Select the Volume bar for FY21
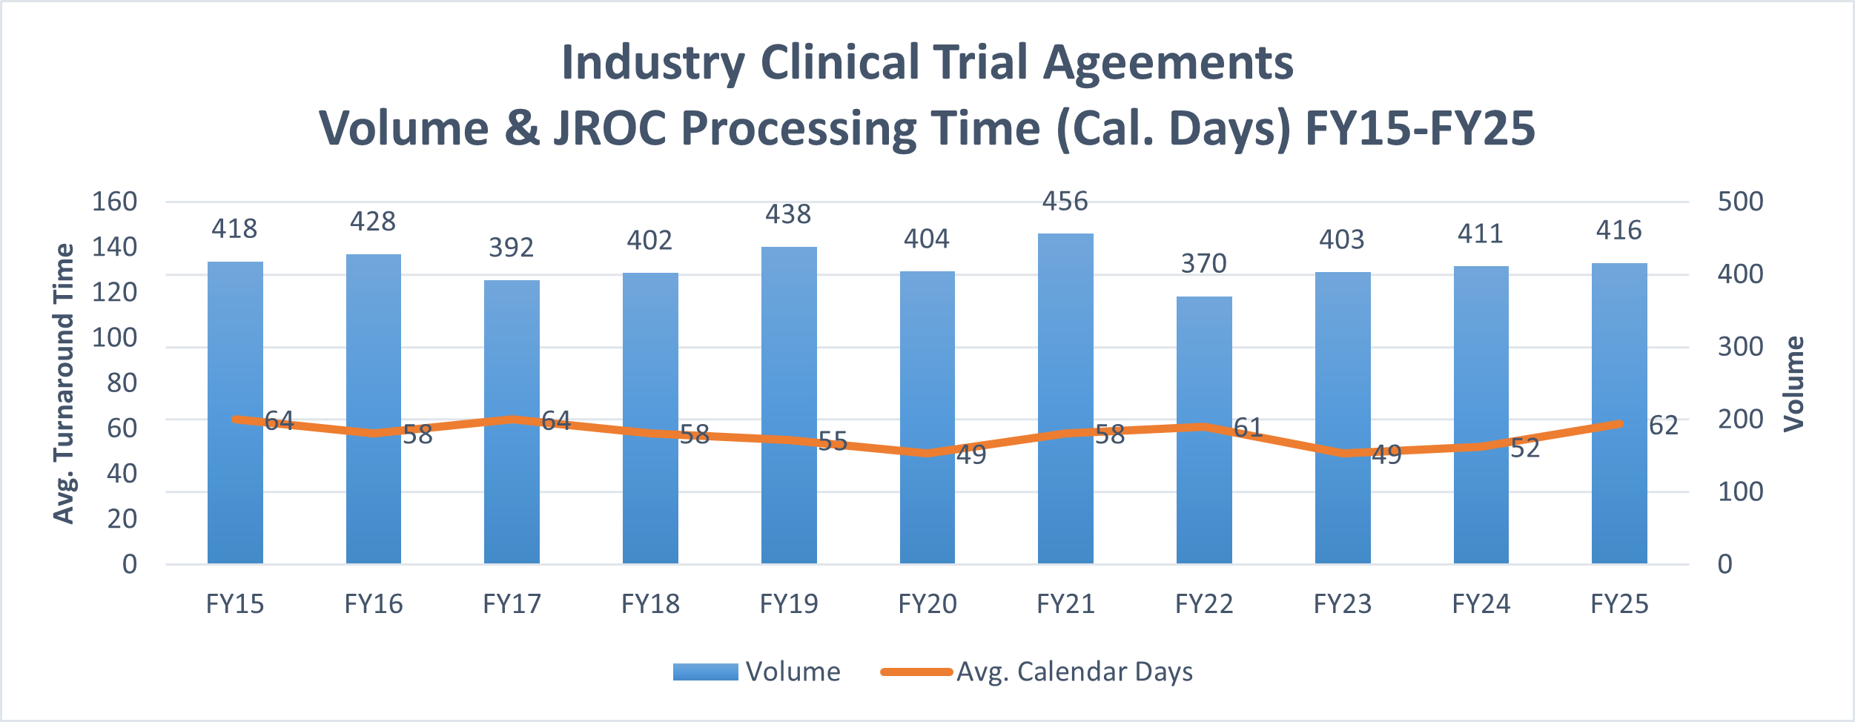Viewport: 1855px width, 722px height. (x=1065, y=334)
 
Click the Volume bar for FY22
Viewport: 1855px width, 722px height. (x=1204, y=356)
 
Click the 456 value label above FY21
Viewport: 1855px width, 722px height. (x=1065, y=202)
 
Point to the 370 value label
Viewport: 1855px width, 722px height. (x=1204, y=264)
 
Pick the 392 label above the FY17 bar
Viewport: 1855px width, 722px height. (x=512, y=248)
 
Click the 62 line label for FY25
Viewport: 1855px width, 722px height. (x=1664, y=425)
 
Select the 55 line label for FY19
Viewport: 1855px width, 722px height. (x=833, y=442)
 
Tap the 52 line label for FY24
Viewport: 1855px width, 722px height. (x=1525, y=448)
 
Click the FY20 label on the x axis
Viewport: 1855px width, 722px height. (x=927, y=604)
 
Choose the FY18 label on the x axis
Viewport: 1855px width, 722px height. (x=650, y=604)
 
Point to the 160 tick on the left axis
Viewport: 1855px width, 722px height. (x=114, y=202)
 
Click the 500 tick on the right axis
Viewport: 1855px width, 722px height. (x=1741, y=202)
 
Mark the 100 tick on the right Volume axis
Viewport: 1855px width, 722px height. (x=1741, y=491)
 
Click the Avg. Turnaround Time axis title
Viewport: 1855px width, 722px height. (x=65, y=383)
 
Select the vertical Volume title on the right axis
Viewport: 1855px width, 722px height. (x=1794, y=383)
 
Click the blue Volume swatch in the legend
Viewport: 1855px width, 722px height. (x=705, y=672)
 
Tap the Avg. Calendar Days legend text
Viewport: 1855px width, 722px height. (x=1074, y=672)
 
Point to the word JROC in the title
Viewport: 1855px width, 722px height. (x=610, y=128)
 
